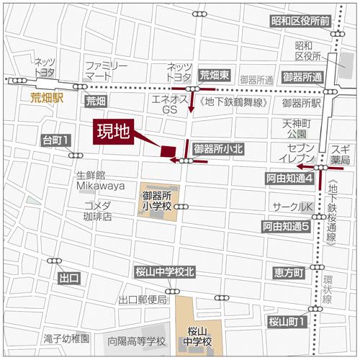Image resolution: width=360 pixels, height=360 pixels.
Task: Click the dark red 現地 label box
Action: click(x=114, y=132)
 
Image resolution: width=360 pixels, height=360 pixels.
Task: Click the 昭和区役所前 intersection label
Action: click(x=300, y=22)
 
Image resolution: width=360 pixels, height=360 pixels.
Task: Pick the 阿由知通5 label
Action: click(x=285, y=226)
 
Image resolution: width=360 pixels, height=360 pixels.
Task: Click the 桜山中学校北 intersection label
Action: click(x=164, y=272)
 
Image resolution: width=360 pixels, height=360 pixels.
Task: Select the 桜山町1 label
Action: click(x=287, y=321)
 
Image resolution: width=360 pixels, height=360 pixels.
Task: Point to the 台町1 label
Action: click(x=55, y=140)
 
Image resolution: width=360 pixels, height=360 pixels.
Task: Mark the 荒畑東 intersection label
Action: click(x=214, y=74)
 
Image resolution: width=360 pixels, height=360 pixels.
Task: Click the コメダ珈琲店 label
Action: click(x=97, y=210)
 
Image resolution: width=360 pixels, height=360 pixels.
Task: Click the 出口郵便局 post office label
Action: click(x=143, y=300)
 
